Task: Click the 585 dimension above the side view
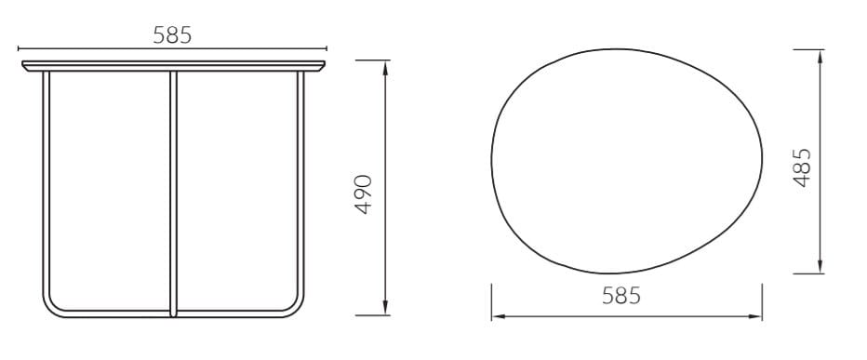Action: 172,35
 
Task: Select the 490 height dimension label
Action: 365,193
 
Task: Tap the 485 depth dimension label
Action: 802,167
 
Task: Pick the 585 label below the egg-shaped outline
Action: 621,296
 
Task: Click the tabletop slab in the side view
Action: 174,65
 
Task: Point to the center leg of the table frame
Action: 174,186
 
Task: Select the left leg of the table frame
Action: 45,186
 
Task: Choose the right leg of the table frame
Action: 301,186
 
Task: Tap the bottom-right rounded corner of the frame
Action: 296,306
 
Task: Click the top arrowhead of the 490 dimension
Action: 385,65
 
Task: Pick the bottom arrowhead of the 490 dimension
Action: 385,310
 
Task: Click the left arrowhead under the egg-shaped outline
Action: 497,317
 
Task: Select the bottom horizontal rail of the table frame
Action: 112,314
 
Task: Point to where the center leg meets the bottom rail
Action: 174,313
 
